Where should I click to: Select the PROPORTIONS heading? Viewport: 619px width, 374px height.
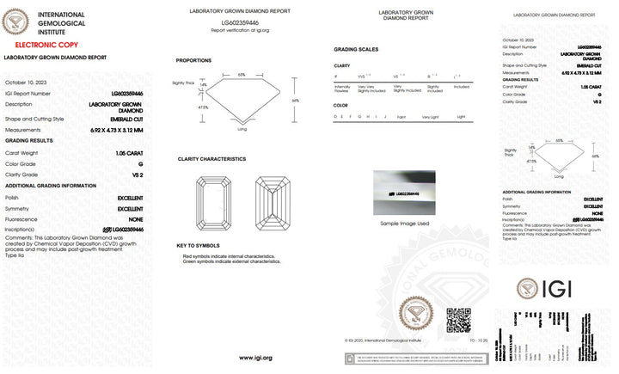tap(193, 60)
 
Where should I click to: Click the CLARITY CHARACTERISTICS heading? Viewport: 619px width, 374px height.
tap(211, 159)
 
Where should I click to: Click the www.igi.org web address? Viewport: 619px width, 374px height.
tap(255, 358)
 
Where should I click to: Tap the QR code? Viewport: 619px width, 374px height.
tap(458, 320)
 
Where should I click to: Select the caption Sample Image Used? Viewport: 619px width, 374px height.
tap(404, 223)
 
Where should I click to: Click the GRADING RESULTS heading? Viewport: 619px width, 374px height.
tap(29, 140)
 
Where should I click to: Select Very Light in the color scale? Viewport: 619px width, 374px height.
tap(430, 116)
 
